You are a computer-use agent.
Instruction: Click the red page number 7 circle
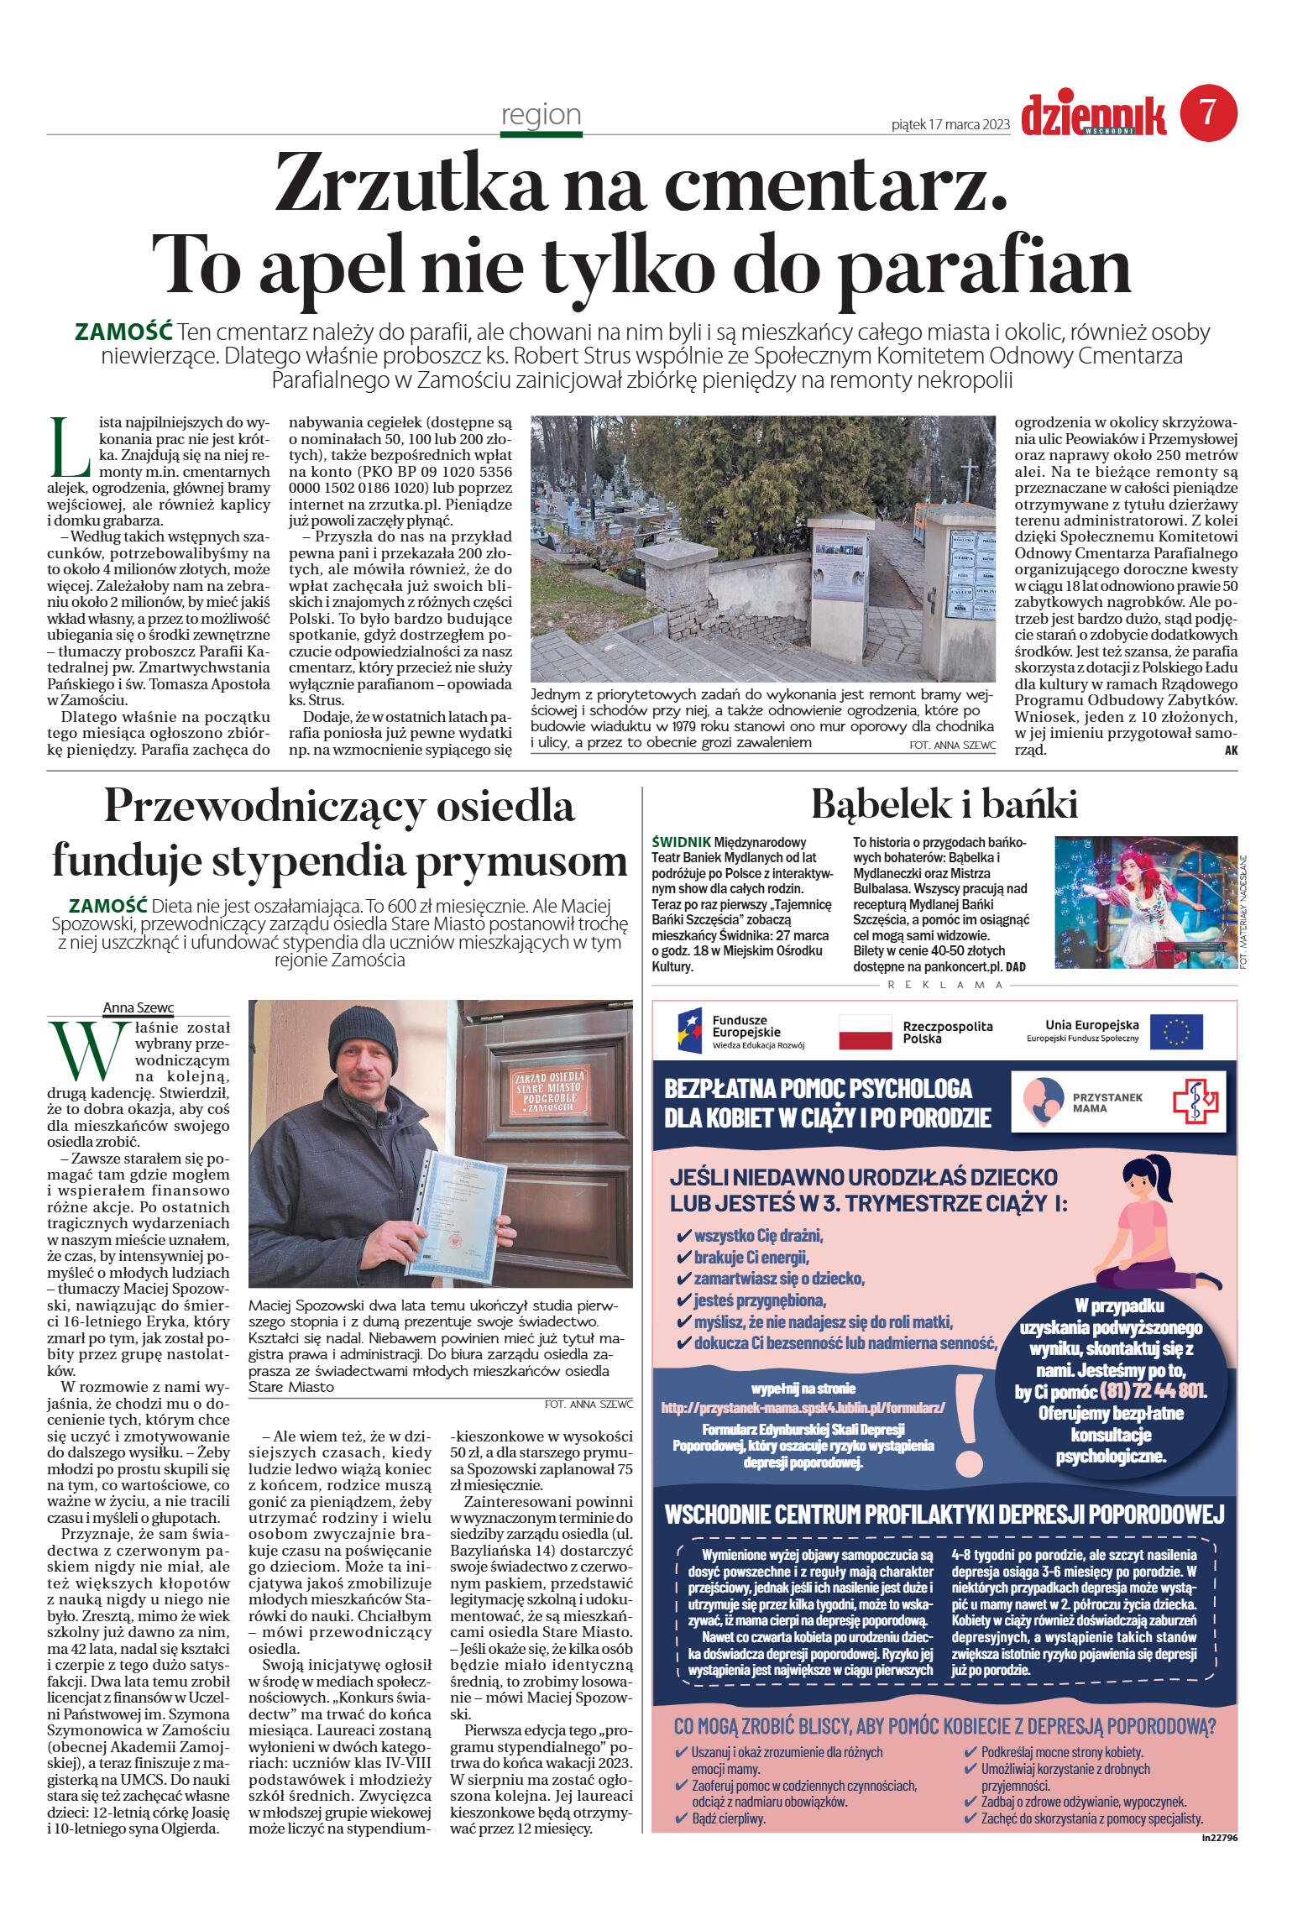point(1208,113)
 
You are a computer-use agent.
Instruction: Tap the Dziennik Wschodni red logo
point(1093,116)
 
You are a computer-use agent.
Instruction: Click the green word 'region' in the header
point(541,114)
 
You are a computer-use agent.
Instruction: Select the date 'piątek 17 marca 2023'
point(950,125)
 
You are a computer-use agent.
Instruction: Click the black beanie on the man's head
point(363,1036)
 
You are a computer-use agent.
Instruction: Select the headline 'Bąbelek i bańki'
point(944,803)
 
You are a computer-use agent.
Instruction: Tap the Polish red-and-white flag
point(865,1031)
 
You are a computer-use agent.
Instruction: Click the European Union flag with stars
point(1175,1031)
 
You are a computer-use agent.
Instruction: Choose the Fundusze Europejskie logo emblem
point(690,1031)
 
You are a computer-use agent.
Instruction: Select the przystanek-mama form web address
point(803,1407)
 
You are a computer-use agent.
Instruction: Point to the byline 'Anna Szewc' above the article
point(138,1007)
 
